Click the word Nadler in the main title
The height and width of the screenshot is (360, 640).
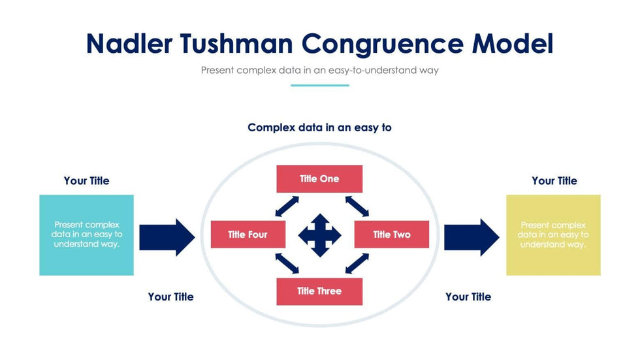tap(130, 43)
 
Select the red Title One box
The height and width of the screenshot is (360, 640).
tap(319, 179)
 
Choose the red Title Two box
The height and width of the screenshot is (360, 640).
tap(391, 235)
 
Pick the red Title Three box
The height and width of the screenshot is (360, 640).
tap(319, 291)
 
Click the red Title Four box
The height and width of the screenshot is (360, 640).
tap(248, 235)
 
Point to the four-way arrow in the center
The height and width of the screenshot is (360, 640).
tap(320, 235)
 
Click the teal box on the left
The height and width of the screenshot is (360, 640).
tap(86, 235)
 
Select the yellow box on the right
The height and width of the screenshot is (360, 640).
tap(553, 235)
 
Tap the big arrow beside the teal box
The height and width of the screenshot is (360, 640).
tap(167, 237)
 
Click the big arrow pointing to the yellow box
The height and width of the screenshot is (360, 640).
tap(472, 237)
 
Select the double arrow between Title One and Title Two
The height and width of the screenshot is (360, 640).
tap(357, 206)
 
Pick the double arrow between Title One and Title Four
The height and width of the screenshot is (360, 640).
tap(287, 206)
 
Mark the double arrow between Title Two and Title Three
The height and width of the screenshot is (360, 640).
tap(357, 263)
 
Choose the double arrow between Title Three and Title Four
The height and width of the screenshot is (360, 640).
tap(287, 263)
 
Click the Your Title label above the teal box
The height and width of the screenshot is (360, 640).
tap(87, 181)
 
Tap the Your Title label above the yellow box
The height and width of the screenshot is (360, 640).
tap(554, 181)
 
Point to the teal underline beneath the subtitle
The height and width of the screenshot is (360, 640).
tap(319, 85)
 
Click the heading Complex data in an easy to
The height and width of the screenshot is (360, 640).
tap(319, 127)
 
